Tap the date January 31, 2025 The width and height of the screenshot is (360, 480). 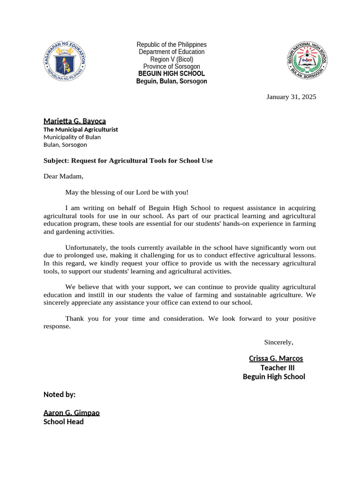(x=291, y=97)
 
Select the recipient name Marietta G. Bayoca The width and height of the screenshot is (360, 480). (x=75, y=121)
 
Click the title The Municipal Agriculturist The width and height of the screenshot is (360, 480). (x=81, y=129)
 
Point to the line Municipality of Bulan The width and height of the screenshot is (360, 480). (x=72, y=137)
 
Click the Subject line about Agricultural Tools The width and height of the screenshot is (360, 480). (x=128, y=161)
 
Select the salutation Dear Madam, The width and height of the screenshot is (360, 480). (x=63, y=177)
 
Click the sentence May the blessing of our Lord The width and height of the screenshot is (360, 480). (x=127, y=192)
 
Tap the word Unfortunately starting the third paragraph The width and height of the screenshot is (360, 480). (x=86, y=247)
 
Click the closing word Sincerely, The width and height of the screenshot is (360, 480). (x=278, y=342)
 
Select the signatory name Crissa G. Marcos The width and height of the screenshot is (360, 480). (x=276, y=359)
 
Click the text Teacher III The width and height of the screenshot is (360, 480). (x=277, y=368)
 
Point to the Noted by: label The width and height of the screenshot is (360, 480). (x=60, y=395)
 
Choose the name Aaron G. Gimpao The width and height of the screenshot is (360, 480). (x=71, y=413)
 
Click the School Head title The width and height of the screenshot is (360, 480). (x=64, y=422)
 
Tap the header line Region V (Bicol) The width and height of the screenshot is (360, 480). (x=172, y=60)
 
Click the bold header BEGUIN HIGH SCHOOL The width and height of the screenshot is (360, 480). (x=172, y=74)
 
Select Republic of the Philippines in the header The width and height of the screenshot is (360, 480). (x=172, y=45)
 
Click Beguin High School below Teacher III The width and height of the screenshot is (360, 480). (x=274, y=377)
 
